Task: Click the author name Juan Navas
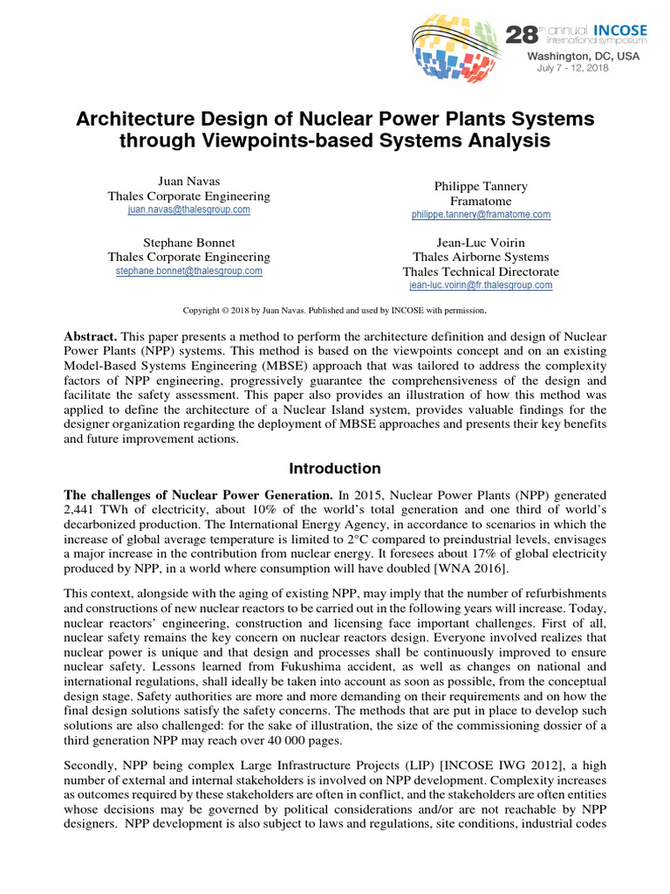[188, 181]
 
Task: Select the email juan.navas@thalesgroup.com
[188, 210]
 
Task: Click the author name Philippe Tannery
[481, 186]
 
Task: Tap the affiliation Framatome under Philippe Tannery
[481, 201]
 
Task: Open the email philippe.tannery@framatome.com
[481, 215]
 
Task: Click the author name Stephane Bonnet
[188, 242]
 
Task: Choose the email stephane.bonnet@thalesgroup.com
[188, 272]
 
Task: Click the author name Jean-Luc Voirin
[481, 242]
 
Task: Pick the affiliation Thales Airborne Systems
[481, 257]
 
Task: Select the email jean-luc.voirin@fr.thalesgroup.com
[481, 285]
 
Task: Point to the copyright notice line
[334, 310]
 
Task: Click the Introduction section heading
[335, 468]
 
